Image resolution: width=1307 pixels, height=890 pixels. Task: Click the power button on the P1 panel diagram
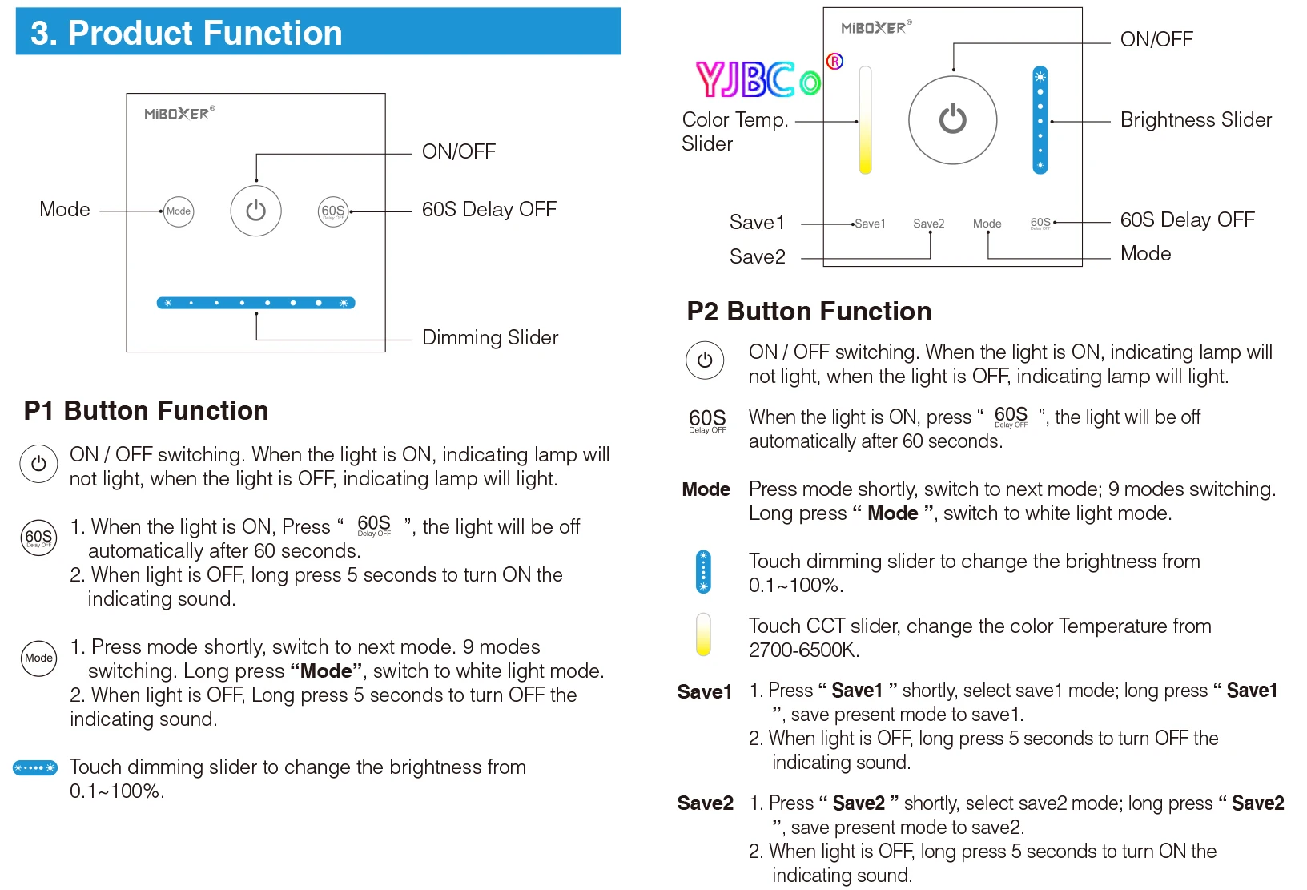(255, 211)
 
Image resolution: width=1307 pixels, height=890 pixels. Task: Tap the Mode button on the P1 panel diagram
(179, 211)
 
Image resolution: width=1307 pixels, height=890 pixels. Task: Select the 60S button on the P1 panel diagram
(333, 211)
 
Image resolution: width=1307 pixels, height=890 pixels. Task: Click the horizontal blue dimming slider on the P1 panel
(255, 303)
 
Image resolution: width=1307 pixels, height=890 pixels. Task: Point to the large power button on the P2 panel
(952, 120)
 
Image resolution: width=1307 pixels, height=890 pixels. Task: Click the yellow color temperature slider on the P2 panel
(865, 120)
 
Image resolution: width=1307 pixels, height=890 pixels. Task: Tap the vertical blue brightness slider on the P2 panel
(1040, 120)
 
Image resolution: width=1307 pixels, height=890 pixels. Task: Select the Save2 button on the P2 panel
(928, 224)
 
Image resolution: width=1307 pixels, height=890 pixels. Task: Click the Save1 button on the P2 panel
(870, 224)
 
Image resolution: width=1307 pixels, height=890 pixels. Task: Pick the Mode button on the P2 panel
(987, 224)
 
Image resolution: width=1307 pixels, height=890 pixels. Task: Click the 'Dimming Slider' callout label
(489, 337)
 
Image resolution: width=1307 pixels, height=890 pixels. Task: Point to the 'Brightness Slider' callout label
(1195, 119)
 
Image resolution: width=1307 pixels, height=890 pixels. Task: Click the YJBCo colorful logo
(758, 79)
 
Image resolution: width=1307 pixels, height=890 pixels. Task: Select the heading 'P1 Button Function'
(147, 410)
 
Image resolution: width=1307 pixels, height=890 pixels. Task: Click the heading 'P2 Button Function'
(809, 311)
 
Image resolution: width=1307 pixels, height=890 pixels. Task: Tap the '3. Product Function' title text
(186, 33)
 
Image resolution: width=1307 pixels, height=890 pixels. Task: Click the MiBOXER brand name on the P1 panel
(177, 114)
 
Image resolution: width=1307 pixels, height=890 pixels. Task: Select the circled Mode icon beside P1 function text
(38, 658)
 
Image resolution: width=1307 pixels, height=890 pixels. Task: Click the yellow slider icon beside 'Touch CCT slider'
(703, 634)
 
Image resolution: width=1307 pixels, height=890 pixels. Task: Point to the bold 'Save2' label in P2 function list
(705, 803)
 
